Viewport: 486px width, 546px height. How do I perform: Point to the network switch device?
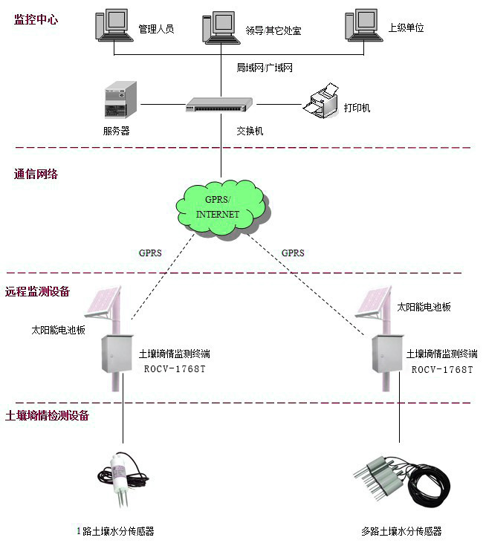(216, 105)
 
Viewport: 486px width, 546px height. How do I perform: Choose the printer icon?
(321, 104)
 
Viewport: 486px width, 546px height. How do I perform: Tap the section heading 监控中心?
(36, 20)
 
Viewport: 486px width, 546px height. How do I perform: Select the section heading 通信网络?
(36, 175)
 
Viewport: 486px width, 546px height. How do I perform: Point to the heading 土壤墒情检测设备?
(47, 415)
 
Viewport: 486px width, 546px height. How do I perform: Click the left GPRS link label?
(150, 253)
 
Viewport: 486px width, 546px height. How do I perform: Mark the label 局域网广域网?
(265, 68)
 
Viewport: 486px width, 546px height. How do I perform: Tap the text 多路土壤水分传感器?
(401, 531)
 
